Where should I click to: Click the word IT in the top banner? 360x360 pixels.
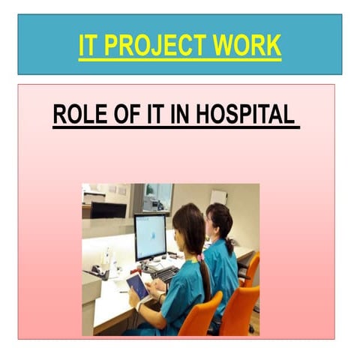coord(88,46)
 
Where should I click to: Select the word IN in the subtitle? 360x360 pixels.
coord(177,115)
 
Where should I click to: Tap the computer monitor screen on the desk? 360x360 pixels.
coord(150,236)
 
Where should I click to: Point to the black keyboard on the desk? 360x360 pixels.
coord(165,274)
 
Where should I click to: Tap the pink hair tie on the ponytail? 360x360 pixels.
coord(200,257)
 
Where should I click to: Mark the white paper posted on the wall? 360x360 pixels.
coord(218,196)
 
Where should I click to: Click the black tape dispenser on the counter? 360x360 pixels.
coord(96,271)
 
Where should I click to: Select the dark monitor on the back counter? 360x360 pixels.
coord(108,209)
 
